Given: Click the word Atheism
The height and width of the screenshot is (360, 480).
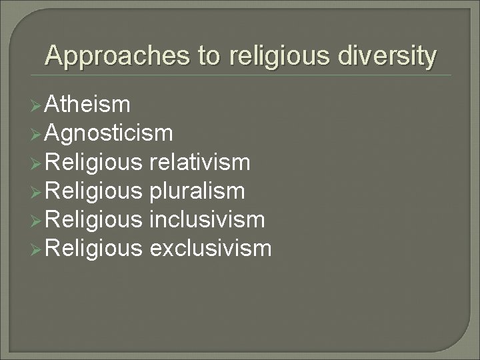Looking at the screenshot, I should [89, 105].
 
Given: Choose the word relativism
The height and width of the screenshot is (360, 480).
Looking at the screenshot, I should [200, 163].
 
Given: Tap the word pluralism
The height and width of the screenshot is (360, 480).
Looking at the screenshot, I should [197, 191].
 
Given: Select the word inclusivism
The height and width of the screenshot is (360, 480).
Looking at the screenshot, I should [208, 220].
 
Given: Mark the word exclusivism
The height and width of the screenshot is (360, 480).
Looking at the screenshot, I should [211, 249].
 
